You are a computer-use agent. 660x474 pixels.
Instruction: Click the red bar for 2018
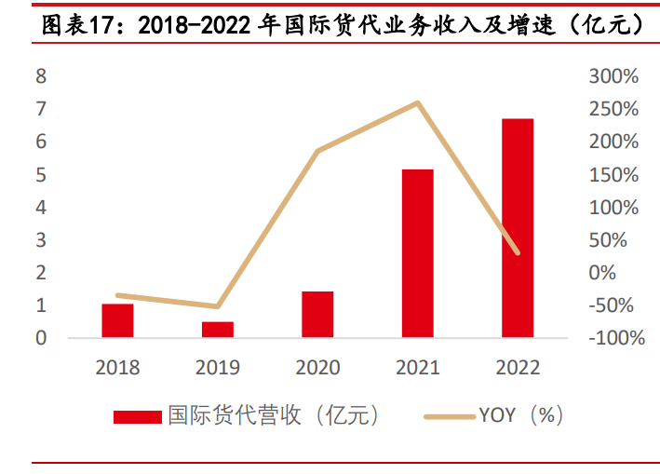point(117,320)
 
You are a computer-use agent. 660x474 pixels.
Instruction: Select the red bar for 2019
point(218,329)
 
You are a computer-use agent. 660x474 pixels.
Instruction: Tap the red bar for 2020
point(317,314)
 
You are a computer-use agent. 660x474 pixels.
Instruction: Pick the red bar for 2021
point(417,252)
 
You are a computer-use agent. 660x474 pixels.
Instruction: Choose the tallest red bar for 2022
point(518,227)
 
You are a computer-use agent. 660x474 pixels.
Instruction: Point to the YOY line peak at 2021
point(418,102)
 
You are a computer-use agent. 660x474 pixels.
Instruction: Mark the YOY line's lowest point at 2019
point(218,306)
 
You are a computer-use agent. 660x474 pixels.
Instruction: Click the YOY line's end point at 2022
point(518,252)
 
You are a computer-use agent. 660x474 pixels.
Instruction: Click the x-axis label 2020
point(317,368)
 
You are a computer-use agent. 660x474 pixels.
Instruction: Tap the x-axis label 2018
point(117,368)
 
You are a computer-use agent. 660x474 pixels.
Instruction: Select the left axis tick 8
point(41,76)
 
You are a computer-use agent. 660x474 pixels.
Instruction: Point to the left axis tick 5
point(41,175)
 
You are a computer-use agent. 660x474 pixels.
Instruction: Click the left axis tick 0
point(41,338)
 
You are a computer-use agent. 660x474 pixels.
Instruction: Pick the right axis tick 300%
point(613,76)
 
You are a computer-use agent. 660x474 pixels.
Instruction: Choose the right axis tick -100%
point(615,338)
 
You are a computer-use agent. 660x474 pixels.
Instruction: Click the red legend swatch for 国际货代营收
point(137,416)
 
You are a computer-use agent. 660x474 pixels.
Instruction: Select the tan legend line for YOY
point(449,416)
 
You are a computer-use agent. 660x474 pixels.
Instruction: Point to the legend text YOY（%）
point(521,415)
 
